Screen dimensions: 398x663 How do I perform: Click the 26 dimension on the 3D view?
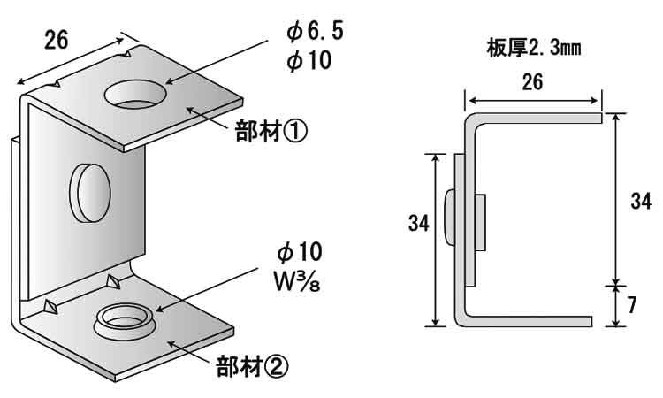click(56, 39)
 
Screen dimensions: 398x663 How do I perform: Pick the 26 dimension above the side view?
click(532, 82)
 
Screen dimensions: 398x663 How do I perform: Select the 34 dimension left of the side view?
click(419, 224)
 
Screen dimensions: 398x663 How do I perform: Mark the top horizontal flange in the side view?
click(539, 117)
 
